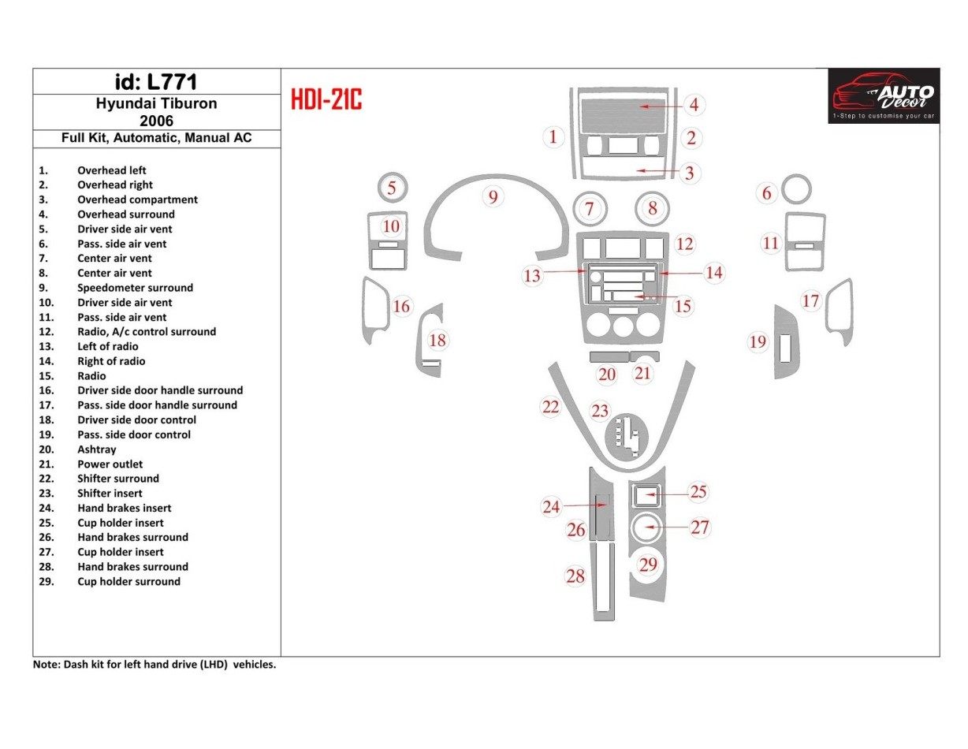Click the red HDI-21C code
[x=326, y=100]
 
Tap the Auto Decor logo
[x=883, y=95]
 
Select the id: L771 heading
[x=156, y=82]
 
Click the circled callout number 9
[x=493, y=197]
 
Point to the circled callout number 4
[x=694, y=104]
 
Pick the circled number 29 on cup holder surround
[x=647, y=565]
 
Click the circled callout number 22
[x=550, y=407]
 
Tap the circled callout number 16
[x=401, y=306]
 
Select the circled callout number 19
[x=758, y=341]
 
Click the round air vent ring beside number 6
[x=796, y=190]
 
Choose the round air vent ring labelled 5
[x=392, y=188]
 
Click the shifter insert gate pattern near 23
[x=624, y=438]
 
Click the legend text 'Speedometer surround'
[x=135, y=288]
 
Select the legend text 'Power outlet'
[x=110, y=464]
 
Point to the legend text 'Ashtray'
[x=96, y=449]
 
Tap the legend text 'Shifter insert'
[x=110, y=494]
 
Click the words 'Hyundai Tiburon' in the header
[x=156, y=103]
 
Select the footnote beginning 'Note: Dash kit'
[x=154, y=665]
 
